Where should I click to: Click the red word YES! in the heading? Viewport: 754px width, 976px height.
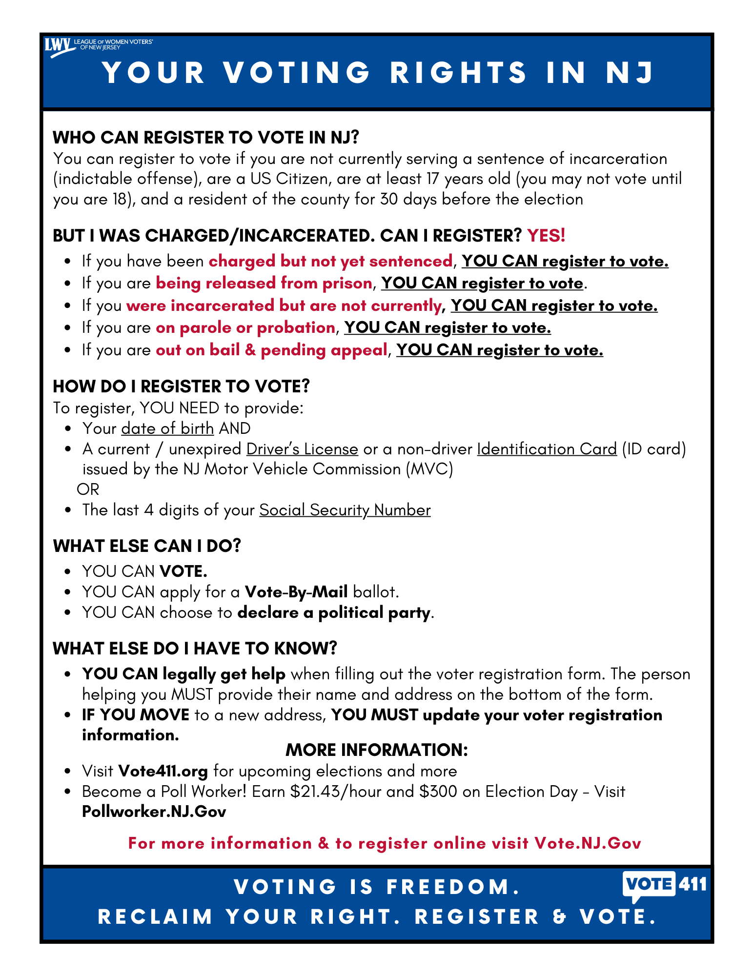(546, 236)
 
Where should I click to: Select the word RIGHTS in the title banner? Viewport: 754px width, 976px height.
(458, 73)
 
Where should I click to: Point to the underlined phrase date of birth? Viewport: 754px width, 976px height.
(167, 428)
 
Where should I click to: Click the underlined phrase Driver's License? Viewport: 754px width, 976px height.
(302, 449)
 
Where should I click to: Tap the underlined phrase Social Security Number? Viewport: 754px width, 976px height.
(345, 510)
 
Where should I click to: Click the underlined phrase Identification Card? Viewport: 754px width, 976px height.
(547, 449)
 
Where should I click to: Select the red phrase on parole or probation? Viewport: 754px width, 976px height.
(245, 327)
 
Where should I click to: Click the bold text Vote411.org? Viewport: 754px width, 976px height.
(163, 771)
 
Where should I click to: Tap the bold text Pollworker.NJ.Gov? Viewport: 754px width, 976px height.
(154, 812)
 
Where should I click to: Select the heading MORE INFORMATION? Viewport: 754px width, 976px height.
(376, 750)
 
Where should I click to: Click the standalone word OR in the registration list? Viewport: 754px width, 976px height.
(88, 489)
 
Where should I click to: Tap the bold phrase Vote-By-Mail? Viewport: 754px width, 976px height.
(296, 592)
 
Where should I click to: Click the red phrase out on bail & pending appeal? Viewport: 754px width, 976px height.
(271, 350)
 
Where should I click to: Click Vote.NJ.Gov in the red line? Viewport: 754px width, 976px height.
(588, 843)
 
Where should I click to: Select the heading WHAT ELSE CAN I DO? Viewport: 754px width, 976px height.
(147, 546)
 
